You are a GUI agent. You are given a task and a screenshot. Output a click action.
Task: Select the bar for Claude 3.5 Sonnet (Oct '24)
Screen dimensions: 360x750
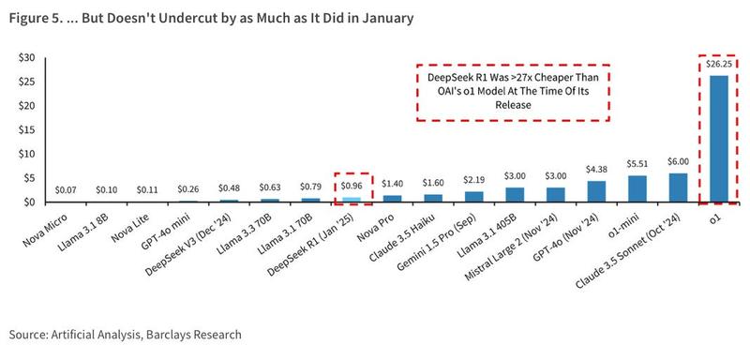pos(677,187)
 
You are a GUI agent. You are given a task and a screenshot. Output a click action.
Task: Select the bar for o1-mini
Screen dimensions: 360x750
pos(637,188)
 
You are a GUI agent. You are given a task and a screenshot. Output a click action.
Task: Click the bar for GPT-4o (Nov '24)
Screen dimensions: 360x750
pos(595,191)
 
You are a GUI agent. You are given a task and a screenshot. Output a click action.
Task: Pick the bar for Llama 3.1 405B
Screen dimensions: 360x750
pos(514,195)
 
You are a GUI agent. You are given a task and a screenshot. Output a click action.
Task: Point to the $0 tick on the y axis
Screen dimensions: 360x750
pos(29,202)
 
